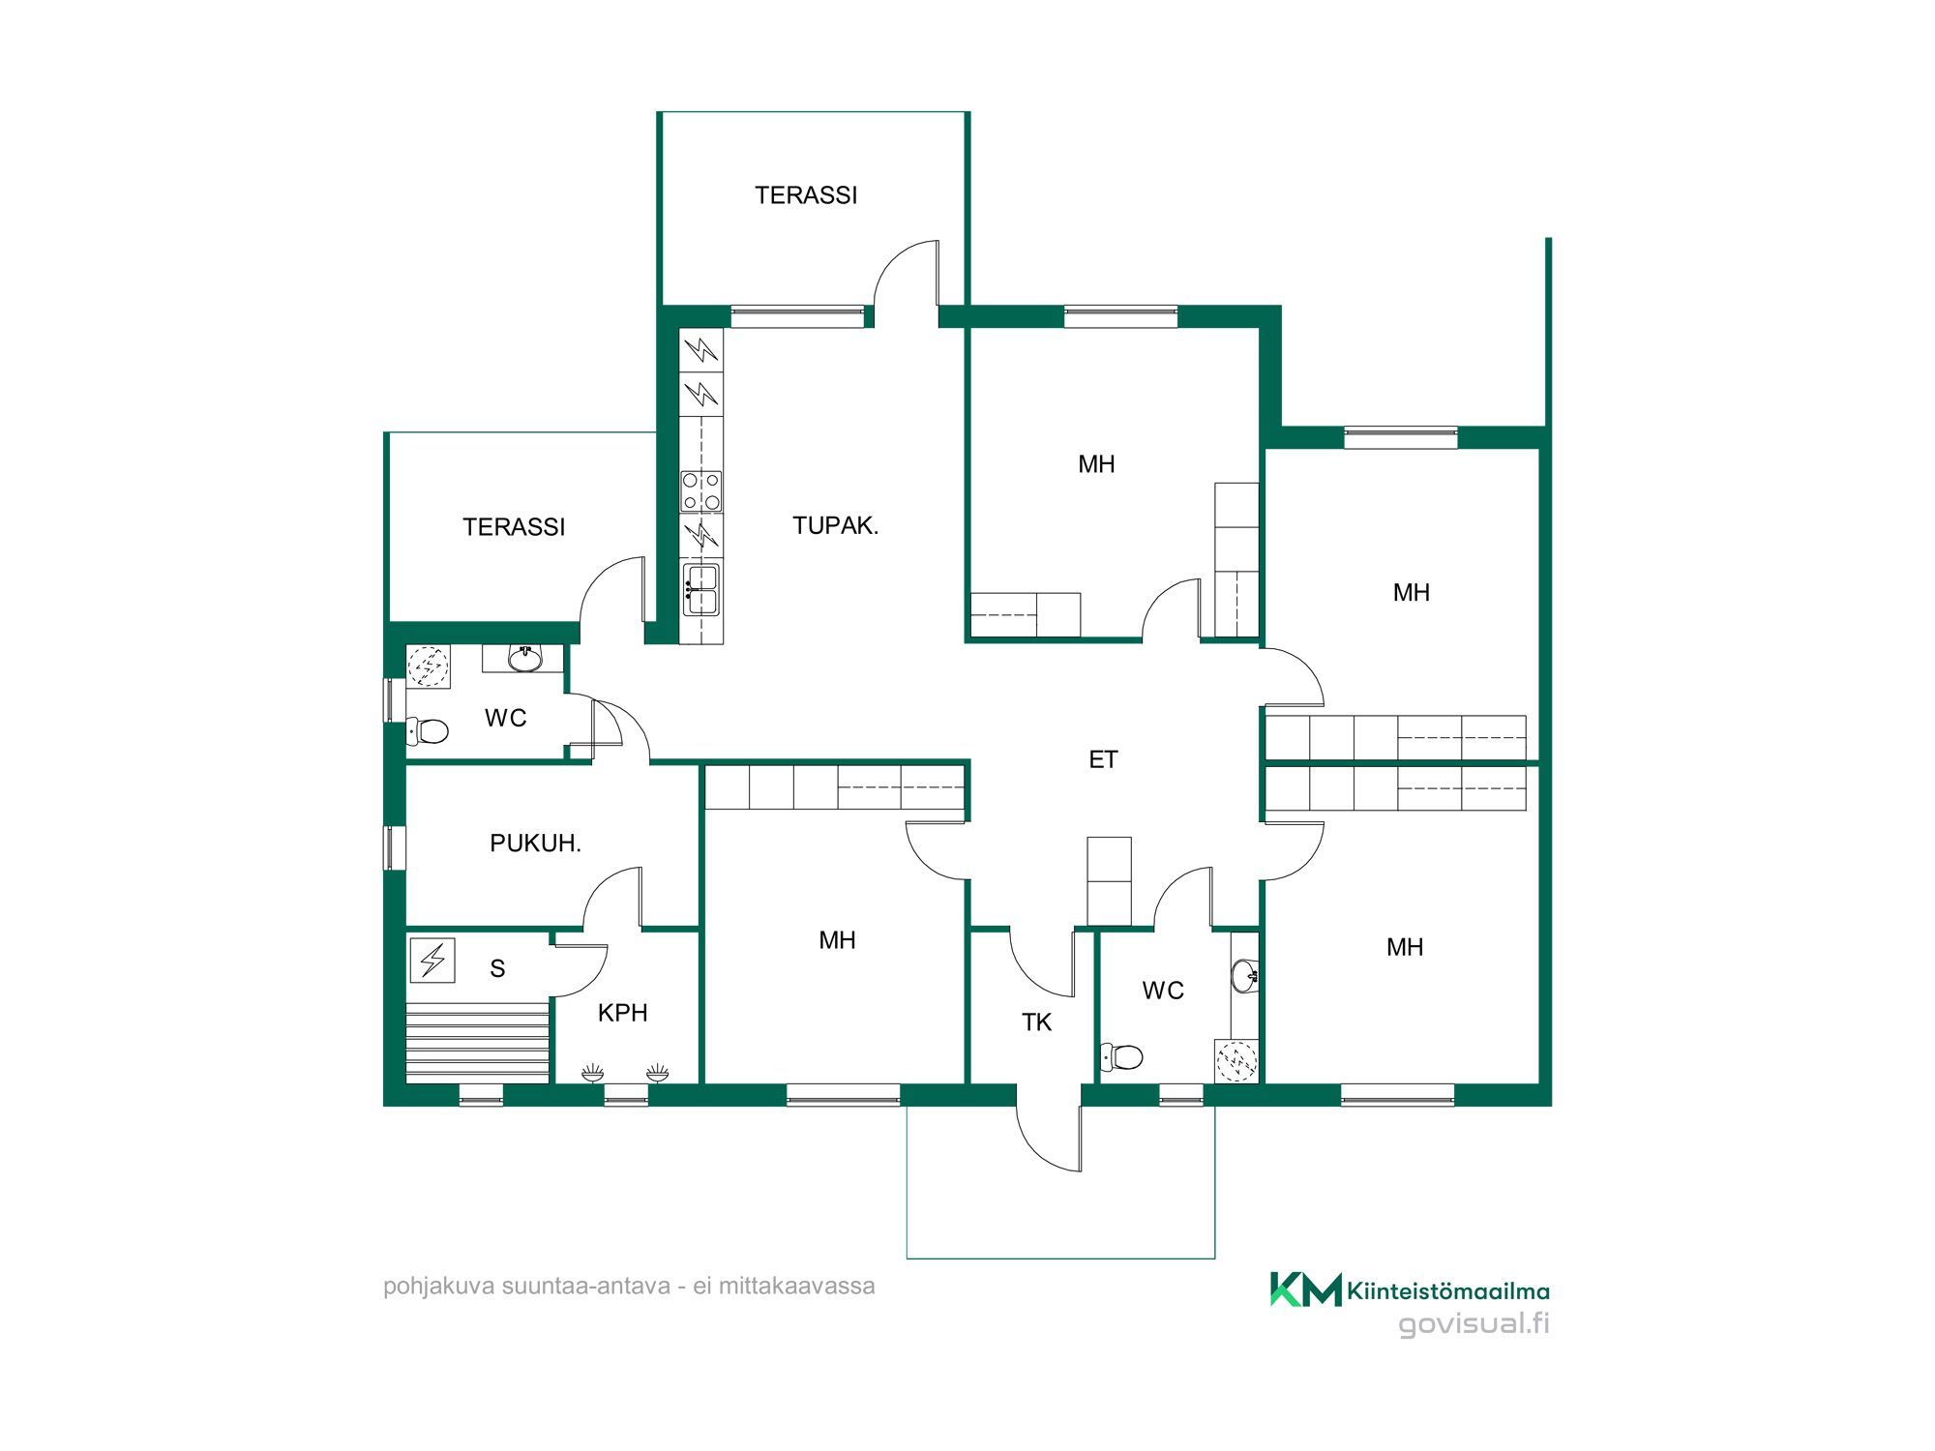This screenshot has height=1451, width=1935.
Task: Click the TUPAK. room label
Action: point(835,525)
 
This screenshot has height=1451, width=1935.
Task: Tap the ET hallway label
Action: point(1103,759)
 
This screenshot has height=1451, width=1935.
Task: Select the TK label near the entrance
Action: point(1036,1022)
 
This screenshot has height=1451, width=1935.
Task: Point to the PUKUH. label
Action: point(535,844)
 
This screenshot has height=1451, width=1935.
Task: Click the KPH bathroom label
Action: point(622,1013)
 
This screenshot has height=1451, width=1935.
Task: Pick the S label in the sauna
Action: point(497,968)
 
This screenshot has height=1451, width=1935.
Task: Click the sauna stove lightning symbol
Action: point(432,961)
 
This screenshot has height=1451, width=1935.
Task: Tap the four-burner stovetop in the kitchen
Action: point(701,491)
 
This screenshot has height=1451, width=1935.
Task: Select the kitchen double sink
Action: point(701,590)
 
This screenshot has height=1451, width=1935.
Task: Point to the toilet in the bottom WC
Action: point(1121,1056)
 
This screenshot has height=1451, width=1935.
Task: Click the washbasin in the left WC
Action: point(524,659)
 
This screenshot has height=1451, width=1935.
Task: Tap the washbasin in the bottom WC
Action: point(1245,976)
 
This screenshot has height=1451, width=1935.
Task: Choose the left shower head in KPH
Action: point(592,1073)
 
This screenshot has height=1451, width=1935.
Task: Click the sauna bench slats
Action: point(477,1043)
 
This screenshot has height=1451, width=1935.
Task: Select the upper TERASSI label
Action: point(806,195)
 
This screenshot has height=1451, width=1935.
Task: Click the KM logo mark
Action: point(1305,1289)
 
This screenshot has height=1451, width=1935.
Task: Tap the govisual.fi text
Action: point(1474,1323)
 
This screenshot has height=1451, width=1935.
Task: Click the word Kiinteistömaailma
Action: point(1448,1291)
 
